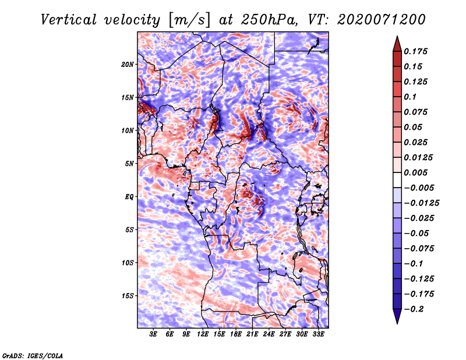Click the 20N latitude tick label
[x=128, y=64]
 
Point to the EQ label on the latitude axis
[x=129, y=196]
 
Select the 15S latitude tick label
[x=128, y=295]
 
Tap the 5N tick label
[x=129, y=163]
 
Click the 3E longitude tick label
[x=154, y=335]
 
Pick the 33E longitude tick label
[x=319, y=335]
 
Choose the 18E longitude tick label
[x=236, y=335]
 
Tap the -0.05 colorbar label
[x=418, y=233]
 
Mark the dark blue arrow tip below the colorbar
[x=397, y=319]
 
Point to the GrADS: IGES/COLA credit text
[x=32, y=355]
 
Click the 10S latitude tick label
[x=128, y=263]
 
